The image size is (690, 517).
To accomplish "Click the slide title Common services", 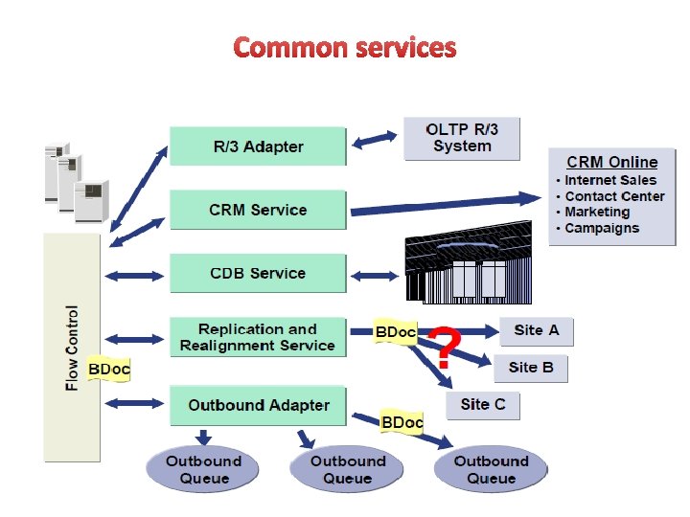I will pyautogui.click(x=345, y=47).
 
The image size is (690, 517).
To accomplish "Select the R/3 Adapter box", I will pyautogui.click(x=257, y=146).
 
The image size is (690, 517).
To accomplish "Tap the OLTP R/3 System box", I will pyautogui.click(x=461, y=139).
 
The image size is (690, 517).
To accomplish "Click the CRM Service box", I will pyautogui.click(x=257, y=210).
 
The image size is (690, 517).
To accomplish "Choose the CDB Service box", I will pyautogui.click(x=257, y=274).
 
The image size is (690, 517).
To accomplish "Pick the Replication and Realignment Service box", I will pyautogui.click(x=257, y=337).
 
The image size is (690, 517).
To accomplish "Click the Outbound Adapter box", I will pyautogui.click(x=257, y=405).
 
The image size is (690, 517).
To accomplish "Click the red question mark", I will pyautogui.click(x=441, y=348).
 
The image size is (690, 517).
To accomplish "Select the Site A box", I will pyautogui.click(x=536, y=331).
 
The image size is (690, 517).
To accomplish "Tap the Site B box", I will pyautogui.click(x=531, y=368).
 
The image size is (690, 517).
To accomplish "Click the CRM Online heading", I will pyautogui.click(x=611, y=162).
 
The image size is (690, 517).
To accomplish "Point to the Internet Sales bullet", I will pyautogui.click(x=610, y=180).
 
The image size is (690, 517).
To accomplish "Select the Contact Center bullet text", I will pyautogui.click(x=614, y=196).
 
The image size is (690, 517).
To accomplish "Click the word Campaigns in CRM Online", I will pyautogui.click(x=602, y=228).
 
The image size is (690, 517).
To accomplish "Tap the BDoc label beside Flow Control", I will pyautogui.click(x=108, y=369).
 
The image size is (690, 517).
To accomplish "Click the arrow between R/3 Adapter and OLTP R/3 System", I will pyautogui.click(x=375, y=140).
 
